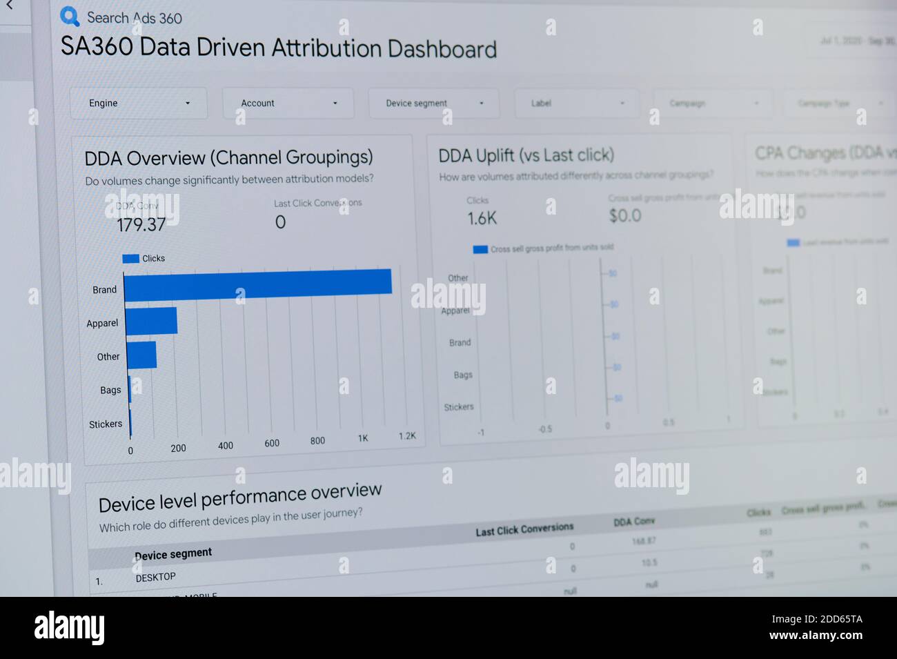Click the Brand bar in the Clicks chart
257,283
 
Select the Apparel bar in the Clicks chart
151,321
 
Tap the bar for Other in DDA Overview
141,355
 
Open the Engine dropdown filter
139,103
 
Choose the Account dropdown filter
288,103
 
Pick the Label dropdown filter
576,104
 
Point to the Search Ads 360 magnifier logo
70,17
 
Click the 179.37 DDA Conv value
141,224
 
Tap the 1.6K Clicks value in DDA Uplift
482,219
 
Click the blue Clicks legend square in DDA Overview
130,259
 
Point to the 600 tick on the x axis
272,444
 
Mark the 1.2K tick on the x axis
407,436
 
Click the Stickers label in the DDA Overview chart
106,424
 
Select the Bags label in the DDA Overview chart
110,391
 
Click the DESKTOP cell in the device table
155,577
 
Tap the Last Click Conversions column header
524,529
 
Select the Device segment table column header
173,554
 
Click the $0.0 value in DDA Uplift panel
624,216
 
